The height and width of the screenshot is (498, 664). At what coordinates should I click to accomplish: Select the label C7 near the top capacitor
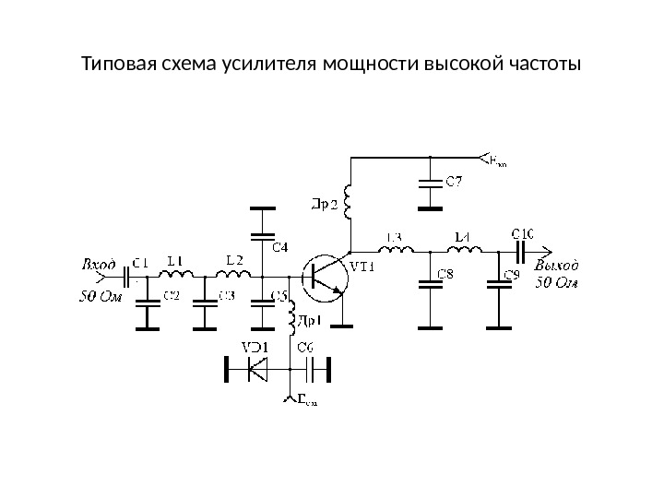tap(455, 182)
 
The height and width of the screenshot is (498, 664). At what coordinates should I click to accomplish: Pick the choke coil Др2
tap(350, 202)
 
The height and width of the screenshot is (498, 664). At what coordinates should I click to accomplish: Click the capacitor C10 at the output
tap(518, 250)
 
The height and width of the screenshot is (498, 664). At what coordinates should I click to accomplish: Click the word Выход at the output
tap(557, 265)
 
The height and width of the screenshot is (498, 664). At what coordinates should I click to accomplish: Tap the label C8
tap(445, 274)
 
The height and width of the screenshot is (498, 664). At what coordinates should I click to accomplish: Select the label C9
tap(514, 274)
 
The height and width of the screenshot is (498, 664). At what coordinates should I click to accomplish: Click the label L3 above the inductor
tap(394, 238)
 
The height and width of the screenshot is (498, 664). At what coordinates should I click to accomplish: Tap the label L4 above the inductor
tap(463, 238)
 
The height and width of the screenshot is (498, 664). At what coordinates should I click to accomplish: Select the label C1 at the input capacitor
tap(140, 262)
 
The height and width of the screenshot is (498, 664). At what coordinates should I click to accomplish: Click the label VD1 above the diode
tap(255, 347)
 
